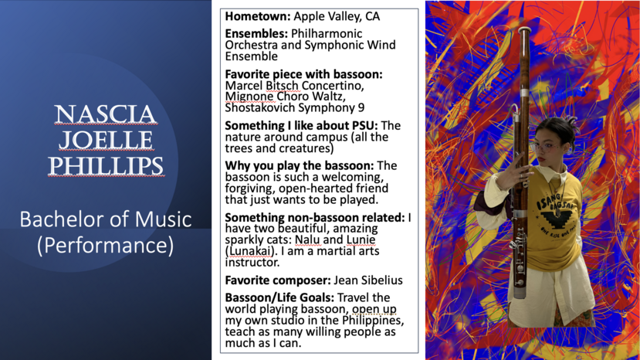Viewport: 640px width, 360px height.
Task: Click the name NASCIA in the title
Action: coord(106,114)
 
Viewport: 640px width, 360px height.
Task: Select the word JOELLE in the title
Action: coord(106,140)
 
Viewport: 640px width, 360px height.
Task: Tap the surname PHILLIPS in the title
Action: coord(106,166)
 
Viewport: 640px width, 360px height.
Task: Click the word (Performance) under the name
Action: coord(105,246)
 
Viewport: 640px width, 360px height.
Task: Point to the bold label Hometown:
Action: coord(258,16)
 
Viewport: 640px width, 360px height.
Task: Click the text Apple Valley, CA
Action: coord(337,17)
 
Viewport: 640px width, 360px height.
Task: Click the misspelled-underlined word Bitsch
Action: coord(283,86)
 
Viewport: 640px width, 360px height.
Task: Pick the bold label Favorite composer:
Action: coord(278,280)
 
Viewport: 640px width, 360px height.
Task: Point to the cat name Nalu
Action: coord(307,239)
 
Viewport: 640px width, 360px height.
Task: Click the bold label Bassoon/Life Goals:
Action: coord(279,297)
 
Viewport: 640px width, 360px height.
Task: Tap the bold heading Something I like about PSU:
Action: coord(301,125)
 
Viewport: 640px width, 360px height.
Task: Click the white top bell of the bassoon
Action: coord(524,30)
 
